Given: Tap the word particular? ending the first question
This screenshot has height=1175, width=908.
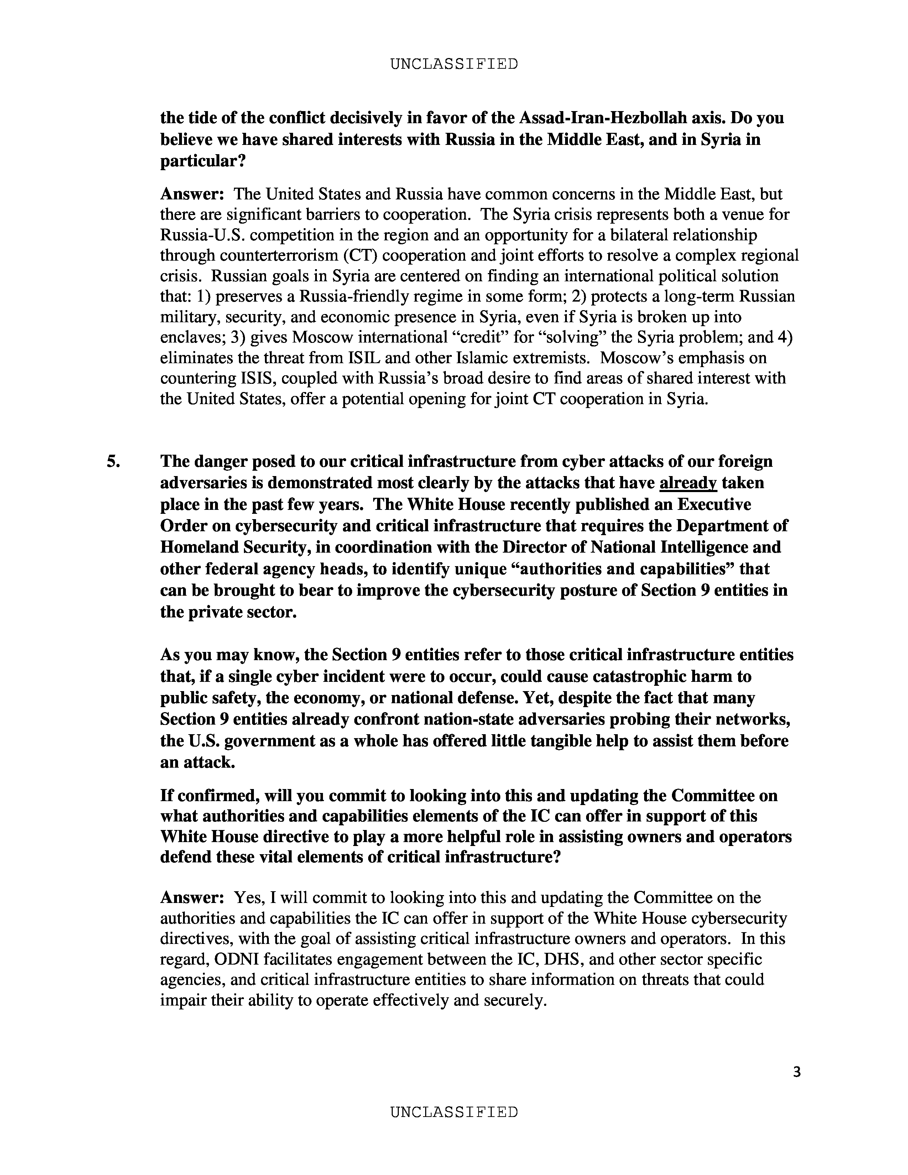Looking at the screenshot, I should [x=203, y=161].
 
